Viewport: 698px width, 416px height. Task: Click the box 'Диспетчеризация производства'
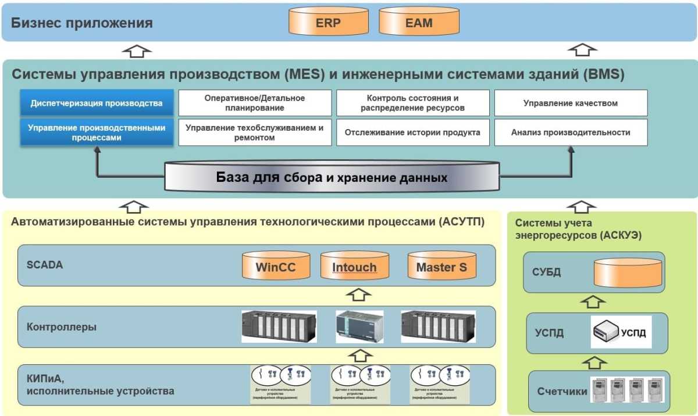pos(97,103)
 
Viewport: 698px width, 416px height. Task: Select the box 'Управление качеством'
pos(570,103)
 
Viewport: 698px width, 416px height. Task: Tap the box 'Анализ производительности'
pos(570,132)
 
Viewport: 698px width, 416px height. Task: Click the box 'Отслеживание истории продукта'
pos(412,132)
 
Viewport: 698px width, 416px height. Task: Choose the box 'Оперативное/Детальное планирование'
pos(255,103)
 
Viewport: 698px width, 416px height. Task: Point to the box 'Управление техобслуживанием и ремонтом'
pos(255,132)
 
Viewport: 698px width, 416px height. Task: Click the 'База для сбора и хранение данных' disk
pos(332,177)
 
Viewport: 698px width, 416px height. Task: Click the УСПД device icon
pos(606,332)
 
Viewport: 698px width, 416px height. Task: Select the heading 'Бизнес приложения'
pos(82,23)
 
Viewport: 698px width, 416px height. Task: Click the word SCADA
pos(44,265)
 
